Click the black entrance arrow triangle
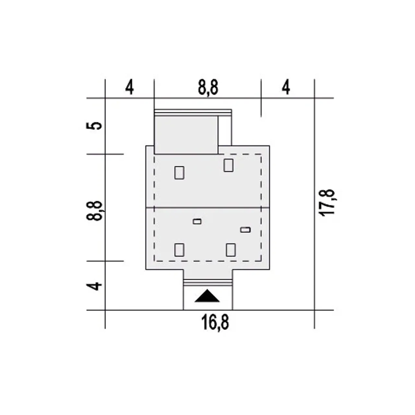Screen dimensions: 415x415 [207, 296]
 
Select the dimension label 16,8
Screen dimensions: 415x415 [215, 323]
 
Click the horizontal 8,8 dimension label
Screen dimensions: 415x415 [208, 88]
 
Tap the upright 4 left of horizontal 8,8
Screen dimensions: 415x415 [129, 88]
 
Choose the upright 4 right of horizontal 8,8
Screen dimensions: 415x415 [286, 88]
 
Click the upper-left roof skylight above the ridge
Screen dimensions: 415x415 [179, 172]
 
